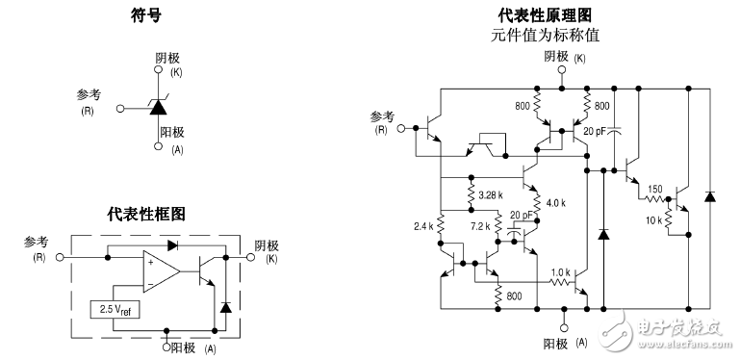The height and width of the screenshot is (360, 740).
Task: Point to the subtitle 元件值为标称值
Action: [545, 35]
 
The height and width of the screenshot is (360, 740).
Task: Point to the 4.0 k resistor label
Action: [556, 203]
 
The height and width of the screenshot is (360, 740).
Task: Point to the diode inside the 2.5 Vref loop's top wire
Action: [171, 244]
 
